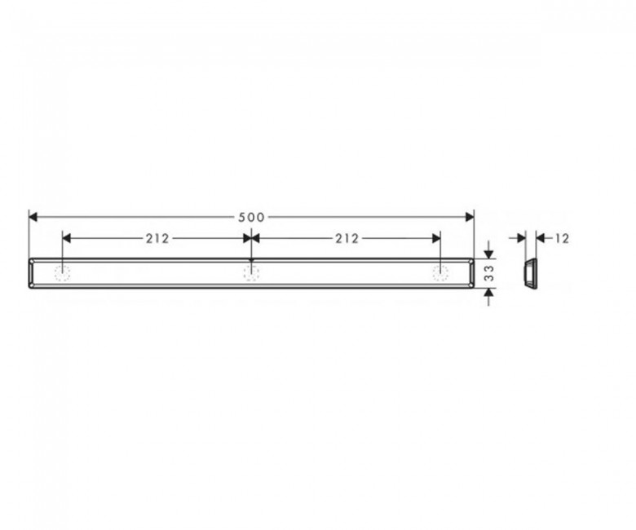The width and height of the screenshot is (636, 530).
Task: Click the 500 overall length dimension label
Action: (251, 218)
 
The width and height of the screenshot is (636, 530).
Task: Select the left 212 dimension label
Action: (157, 238)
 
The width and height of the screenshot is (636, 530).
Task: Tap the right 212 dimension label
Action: (347, 238)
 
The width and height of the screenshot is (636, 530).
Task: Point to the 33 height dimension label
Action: (489, 273)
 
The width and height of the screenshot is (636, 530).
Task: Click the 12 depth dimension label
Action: (562, 238)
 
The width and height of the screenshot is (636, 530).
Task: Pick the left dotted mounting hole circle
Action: (63, 273)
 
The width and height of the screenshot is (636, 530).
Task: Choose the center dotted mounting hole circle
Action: (251, 273)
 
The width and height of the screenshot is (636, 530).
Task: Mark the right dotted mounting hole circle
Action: (440, 273)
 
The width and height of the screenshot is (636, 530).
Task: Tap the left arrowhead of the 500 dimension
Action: (33, 218)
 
